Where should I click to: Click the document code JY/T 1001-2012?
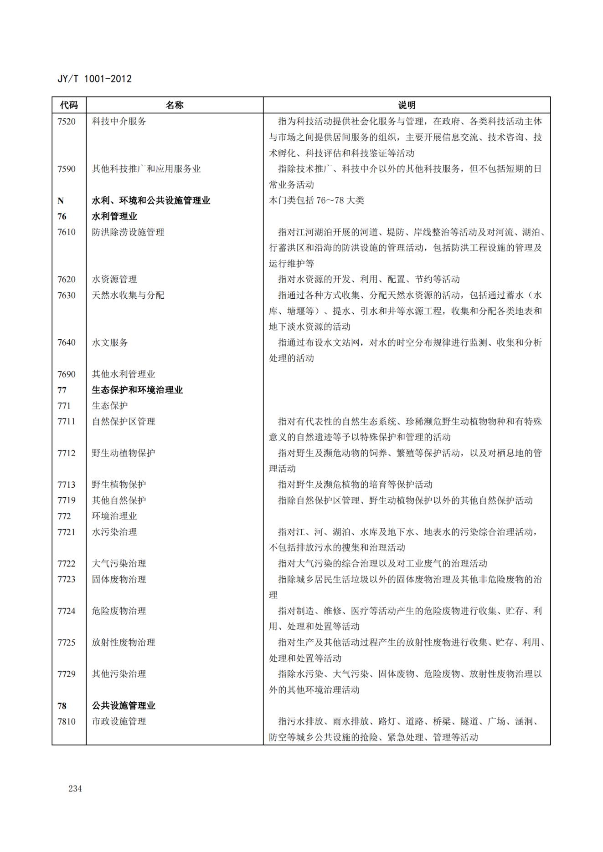pyautogui.click(x=94, y=79)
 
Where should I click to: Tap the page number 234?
pyautogui.click(x=75, y=788)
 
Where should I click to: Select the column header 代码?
pyautogui.click(x=69, y=105)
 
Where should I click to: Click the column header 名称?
pyautogui.click(x=174, y=105)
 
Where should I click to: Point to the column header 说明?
pyautogui.click(x=407, y=105)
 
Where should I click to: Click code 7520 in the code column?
pyautogui.click(x=67, y=122)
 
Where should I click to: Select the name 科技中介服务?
pyautogui.click(x=119, y=122)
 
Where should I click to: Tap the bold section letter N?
pyautogui.click(x=61, y=201)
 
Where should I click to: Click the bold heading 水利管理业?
pyautogui.click(x=114, y=216)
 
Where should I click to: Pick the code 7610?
pyautogui.click(x=67, y=232)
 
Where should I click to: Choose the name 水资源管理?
pyautogui.click(x=114, y=280)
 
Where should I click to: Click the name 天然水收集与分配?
pyautogui.click(x=128, y=295)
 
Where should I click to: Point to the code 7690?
pyautogui.click(x=67, y=374)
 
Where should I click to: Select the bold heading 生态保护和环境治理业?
pyautogui.click(x=137, y=390)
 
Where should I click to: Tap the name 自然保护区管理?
pyautogui.click(x=124, y=422)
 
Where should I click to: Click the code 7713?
pyautogui.click(x=67, y=485)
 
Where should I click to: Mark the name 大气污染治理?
pyautogui.click(x=119, y=564)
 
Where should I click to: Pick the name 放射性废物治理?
pyautogui.click(x=124, y=643)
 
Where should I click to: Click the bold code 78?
pyautogui.click(x=62, y=706)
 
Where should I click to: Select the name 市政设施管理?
pyautogui.click(x=119, y=721)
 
